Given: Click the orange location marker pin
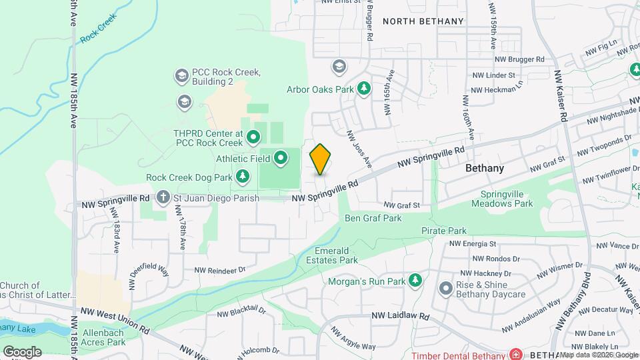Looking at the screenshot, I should pos(320,159).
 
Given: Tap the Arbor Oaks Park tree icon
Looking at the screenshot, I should pos(364,89).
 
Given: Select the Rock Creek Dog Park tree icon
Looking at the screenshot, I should pos(243,177).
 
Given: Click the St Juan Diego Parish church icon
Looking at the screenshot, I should pos(163,197).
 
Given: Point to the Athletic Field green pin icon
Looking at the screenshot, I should pos(281,158).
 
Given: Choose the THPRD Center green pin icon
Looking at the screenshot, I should pos(253,137).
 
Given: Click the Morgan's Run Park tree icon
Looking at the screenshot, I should pos(417,281).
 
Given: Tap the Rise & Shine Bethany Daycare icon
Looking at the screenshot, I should pos(445,288).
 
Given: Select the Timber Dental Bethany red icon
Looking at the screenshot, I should pos(515,353).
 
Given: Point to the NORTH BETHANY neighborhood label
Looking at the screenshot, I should pos(423,21).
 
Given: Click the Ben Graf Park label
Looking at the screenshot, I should pos(373,218).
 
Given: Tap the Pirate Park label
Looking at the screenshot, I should pos(443,231).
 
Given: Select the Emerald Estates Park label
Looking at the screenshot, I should pos(337,255).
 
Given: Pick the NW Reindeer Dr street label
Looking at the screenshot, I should pos(220,270).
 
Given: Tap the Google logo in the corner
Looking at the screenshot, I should pos(22,351).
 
